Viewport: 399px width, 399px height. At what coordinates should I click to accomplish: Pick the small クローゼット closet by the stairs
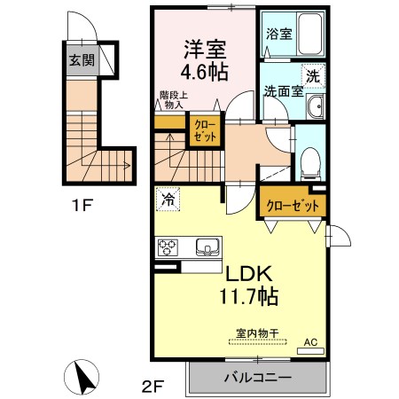pyautogui.click(x=203, y=132)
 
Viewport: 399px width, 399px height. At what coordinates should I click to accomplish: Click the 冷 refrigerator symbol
pyautogui.click(x=167, y=200)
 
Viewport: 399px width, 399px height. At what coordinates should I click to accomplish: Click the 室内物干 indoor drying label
pyautogui.click(x=257, y=333)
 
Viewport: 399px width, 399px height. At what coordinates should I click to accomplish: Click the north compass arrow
pyautogui.click(x=86, y=377)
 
